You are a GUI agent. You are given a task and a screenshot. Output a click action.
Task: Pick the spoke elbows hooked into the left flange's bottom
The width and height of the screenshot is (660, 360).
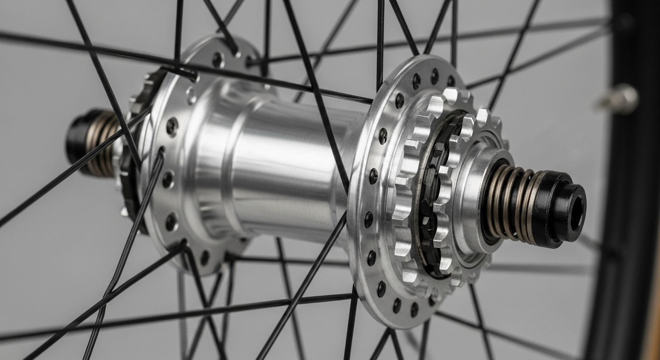point(185,246)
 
